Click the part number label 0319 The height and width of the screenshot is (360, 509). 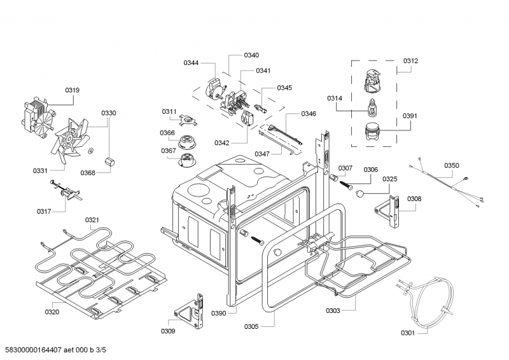[72, 90]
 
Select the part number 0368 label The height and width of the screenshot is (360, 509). [88, 172]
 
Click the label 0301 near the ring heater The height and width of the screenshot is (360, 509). [408, 333]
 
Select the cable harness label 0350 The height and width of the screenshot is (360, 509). [451, 165]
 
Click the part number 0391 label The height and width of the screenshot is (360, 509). [410, 116]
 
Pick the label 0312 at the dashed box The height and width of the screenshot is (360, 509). [410, 60]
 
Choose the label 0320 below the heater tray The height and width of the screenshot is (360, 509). [52, 312]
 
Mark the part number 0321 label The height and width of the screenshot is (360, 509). [92, 220]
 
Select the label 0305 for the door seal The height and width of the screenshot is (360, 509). [251, 326]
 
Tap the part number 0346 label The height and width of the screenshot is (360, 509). [309, 114]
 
